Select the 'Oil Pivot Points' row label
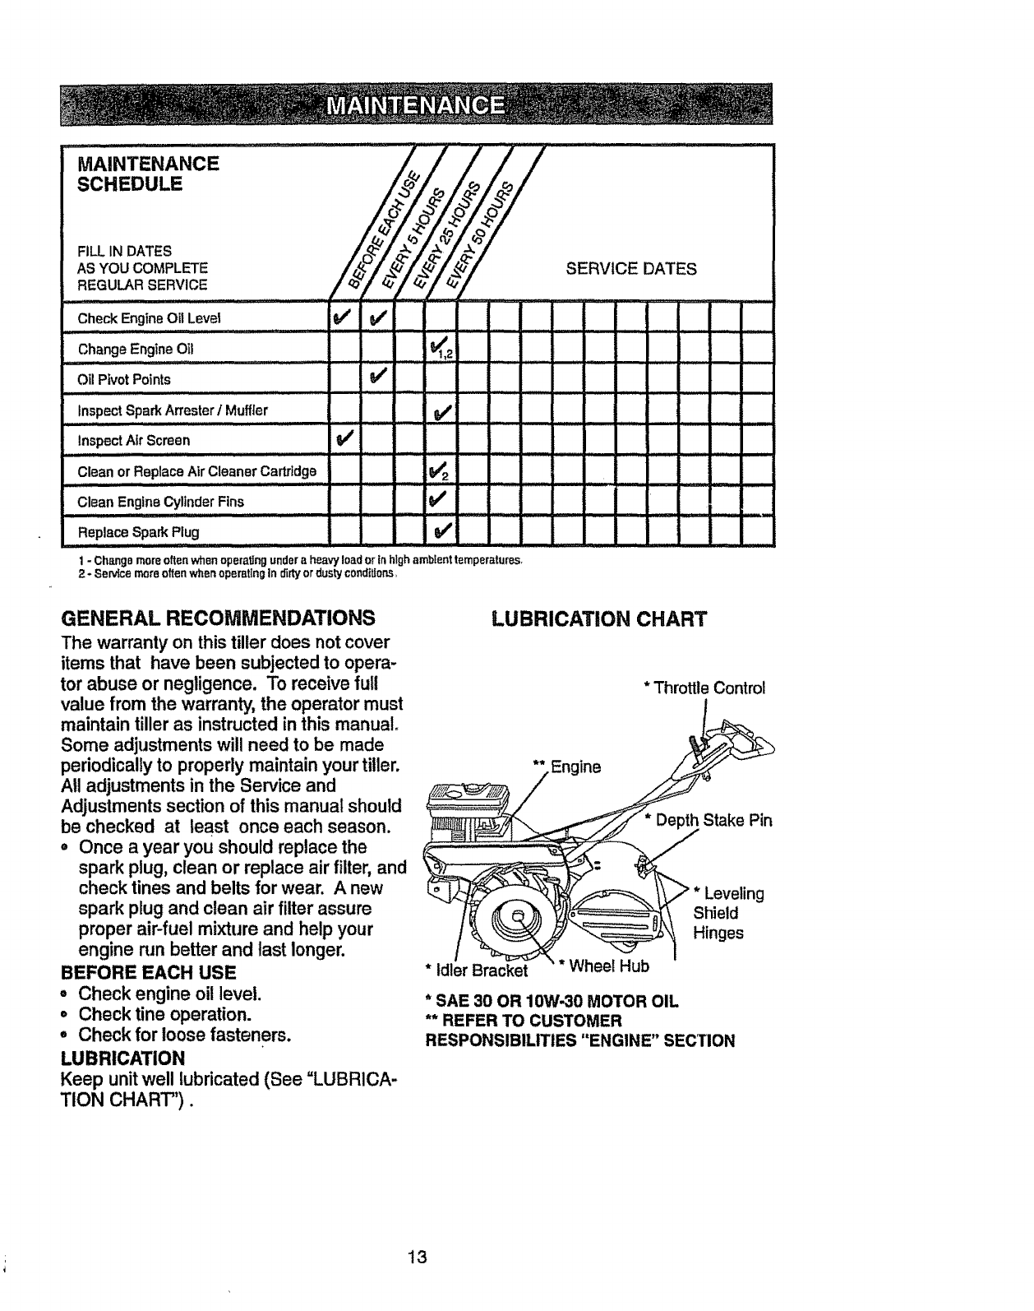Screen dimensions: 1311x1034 [124, 379]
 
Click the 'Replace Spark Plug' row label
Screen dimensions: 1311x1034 [138, 531]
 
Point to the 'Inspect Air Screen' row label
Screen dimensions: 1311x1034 [133, 440]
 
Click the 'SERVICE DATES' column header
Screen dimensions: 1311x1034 [630, 269]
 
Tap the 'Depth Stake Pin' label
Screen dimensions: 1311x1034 [712, 820]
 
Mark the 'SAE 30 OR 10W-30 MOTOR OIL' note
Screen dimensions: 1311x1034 [552, 1002]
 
